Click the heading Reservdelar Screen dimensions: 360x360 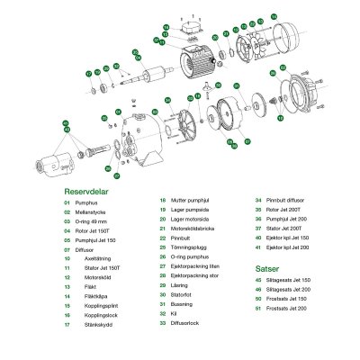tap(88, 192)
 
